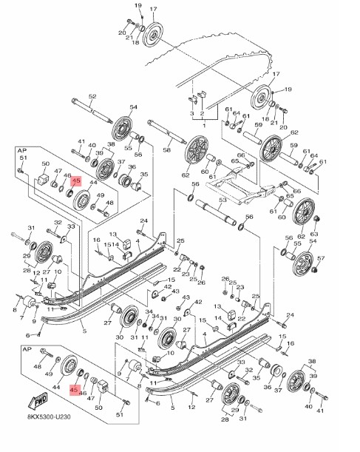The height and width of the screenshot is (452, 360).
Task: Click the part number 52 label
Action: click(x=93, y=97)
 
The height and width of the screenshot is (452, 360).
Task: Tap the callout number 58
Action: click(x=167, y=149)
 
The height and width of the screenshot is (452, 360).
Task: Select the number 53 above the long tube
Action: click(x=222, y=200)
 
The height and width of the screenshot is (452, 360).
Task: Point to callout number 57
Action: click(x=321, y=258)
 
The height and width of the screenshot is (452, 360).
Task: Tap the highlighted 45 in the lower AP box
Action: click(x=74, y=388)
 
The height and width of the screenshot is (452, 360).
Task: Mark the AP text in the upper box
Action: click(x=22, y=149)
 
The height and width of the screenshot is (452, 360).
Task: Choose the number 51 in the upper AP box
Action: click(x=23, y=158)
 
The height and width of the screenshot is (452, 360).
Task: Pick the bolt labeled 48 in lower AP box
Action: click(x=49, y=357)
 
